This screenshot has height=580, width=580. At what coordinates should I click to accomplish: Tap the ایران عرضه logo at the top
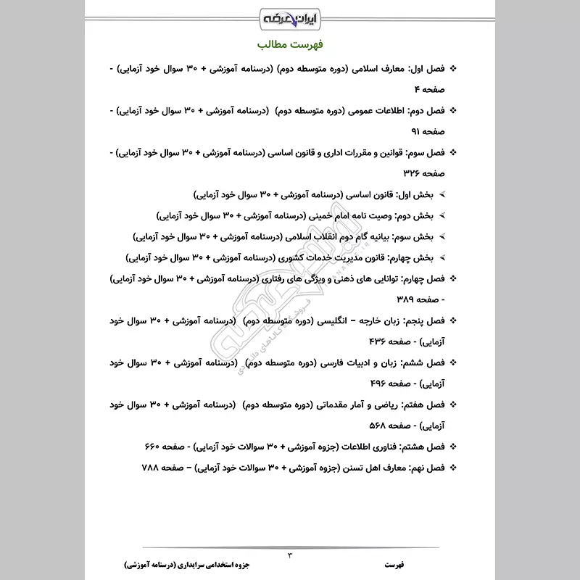[290, 16]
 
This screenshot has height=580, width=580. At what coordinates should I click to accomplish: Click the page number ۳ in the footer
[290, 555]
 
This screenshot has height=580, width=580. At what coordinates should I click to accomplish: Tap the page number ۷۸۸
[152, 467]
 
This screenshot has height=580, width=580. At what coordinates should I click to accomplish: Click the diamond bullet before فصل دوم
[453, 110]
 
